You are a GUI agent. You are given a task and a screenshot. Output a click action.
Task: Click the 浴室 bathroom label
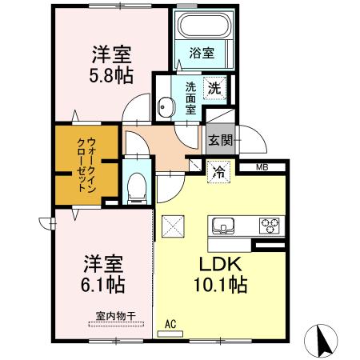202,54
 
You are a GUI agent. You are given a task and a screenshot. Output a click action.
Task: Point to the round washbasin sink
166,106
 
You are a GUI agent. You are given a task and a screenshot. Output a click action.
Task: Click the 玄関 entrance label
221,140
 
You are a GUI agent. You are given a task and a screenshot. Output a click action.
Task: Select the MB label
262,167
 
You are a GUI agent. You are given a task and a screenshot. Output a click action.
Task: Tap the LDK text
214,265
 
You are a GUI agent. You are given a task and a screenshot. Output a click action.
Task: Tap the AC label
169,324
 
